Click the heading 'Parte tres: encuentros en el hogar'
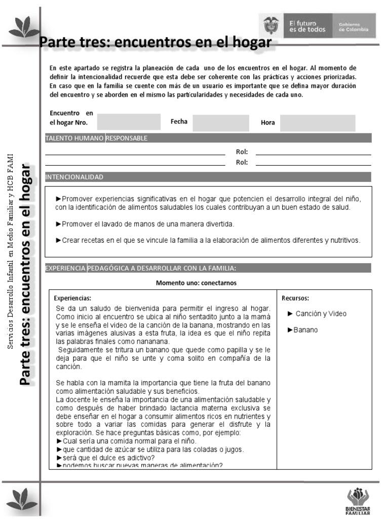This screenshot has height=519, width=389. click(155, 42)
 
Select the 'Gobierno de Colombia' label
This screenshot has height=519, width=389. click(351, 26)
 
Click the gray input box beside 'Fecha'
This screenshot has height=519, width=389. click(221, 123)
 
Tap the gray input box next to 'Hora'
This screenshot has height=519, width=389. click(318, 123)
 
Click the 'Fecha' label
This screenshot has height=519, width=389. click(179, 122)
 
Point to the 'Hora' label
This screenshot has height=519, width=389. click(267, 123)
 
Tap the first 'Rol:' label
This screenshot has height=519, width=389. click(242, 152)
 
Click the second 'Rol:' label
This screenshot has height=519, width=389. click(242, 162)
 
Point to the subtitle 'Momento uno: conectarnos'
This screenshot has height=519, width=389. click(196, 283)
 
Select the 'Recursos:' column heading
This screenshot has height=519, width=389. click(295, 298)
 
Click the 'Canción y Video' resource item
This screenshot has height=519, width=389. click(317, 314)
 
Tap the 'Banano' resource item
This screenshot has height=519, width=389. click(302, 330)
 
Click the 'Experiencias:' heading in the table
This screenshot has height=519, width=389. click(72, 298)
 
